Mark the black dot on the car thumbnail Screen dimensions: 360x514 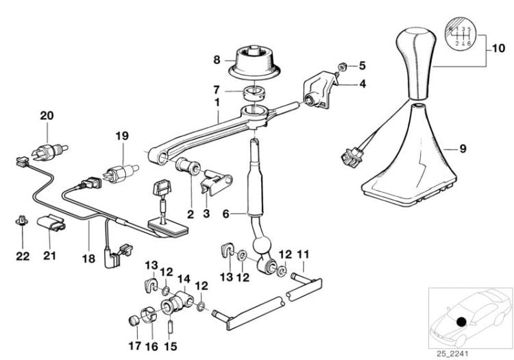[x=461, y=322]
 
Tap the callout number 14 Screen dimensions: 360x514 [x=184, y=278]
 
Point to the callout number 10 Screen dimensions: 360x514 [x=498, y=49]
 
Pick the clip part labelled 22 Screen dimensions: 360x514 [x=22, y=221]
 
